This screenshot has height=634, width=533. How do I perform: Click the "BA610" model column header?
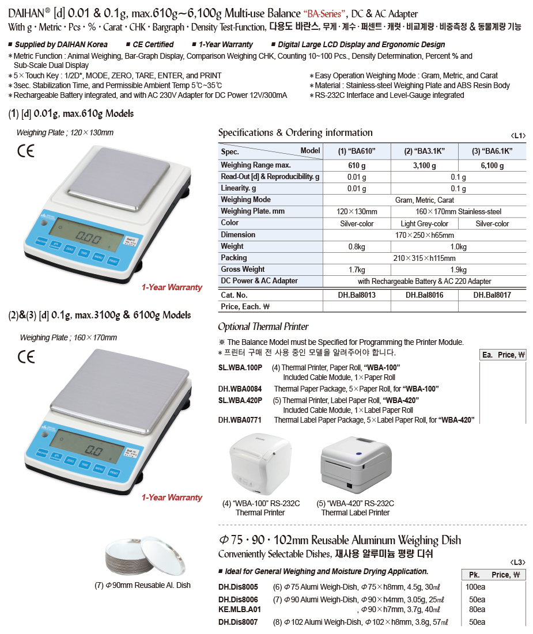(357, 151)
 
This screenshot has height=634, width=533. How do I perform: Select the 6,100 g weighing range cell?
(492, 166)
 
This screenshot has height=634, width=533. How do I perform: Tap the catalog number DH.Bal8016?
(424, 295)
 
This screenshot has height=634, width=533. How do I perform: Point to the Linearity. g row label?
(239, 188)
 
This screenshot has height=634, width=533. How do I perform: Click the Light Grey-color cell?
(424, 223)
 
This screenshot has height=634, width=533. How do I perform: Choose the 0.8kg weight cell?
(357, 246)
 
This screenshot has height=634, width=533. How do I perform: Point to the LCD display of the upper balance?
(86, 235)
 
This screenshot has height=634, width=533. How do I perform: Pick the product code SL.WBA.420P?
(240, 400)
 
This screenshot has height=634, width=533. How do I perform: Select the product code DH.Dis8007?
(238, 622)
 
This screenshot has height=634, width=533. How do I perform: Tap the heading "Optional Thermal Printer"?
(263, 327)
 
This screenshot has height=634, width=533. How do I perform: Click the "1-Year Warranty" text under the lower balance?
(172, 498)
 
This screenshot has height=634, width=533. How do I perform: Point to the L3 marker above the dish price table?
(518, 561)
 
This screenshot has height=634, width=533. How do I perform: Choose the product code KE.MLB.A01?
(240, 609)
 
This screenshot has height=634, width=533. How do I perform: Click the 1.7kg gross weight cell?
(357, 269)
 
